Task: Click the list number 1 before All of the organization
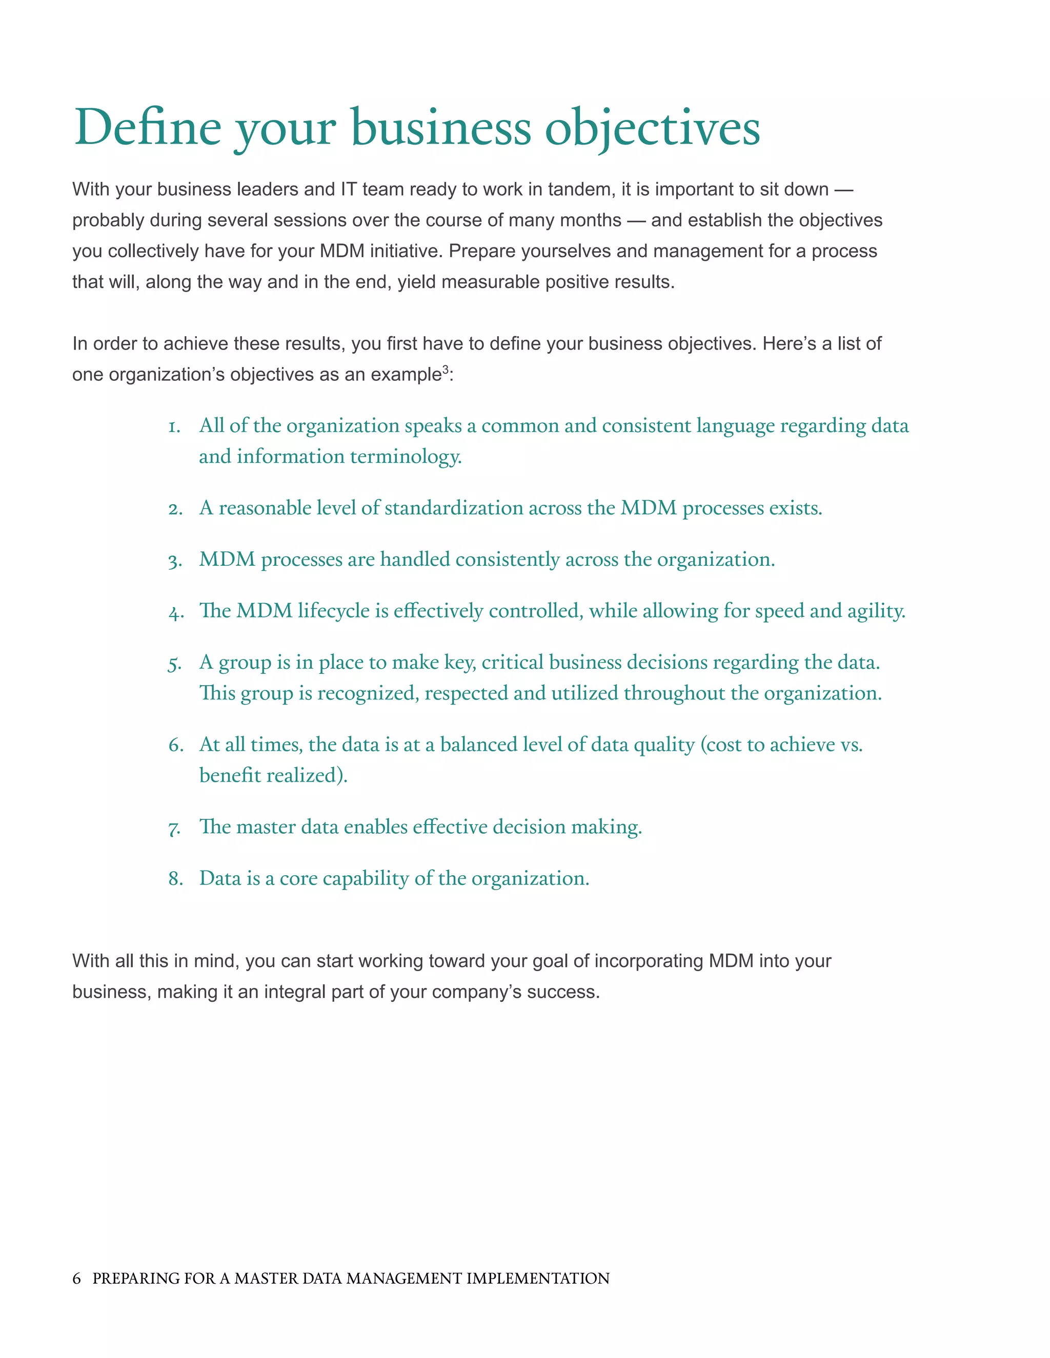coord(174,426)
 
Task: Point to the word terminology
coord(406,457)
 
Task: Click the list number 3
coord(175,561)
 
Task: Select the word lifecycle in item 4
coord(333,611)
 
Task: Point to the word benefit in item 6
coord(230,775)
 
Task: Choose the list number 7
coord(174,829)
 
